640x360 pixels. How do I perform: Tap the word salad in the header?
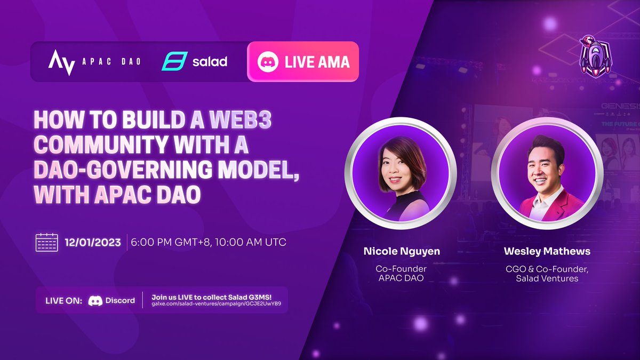210,62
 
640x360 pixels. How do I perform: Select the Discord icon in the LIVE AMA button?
267,62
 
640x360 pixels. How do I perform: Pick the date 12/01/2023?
93,242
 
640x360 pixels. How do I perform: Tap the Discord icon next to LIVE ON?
95,300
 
